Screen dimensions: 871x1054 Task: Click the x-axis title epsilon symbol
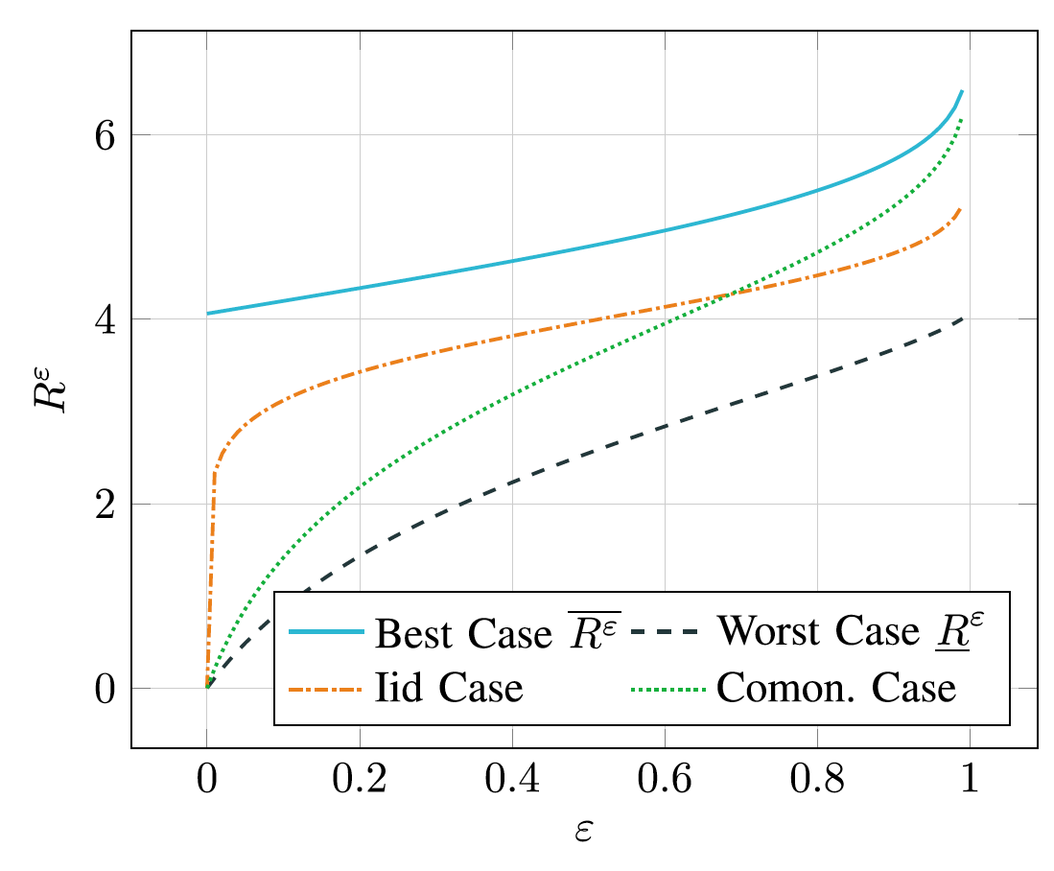pyautogui.click(x=583, y=831)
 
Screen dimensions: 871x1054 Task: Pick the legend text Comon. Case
pyautogui.click(x=835, y=689)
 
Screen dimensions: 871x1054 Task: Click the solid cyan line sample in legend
pyautogui.click(x=326, y=633)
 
